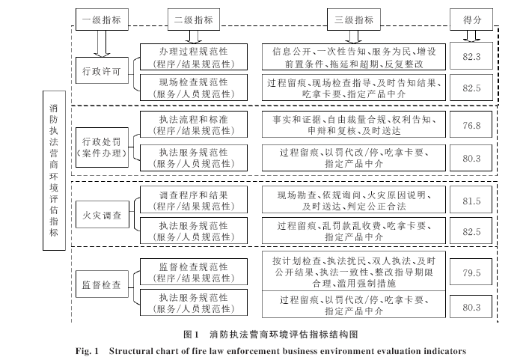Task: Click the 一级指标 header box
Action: click(102, 19)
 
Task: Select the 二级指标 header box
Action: click(194, 19)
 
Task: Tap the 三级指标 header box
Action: click(354, 19)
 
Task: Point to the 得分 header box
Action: click(471, 19)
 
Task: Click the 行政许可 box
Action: click(102, 70)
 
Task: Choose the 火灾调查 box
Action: click(103, 215)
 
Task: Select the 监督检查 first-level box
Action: click(102, 284)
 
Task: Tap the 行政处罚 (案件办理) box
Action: click(102, 147)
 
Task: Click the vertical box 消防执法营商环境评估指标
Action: click(54, 171)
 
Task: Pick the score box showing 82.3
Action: click(471, 56)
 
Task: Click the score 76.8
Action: click(471, 125)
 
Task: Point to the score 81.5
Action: click(471, 201)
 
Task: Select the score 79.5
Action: click(471, 272)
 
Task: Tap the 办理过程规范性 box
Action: click(194, 57)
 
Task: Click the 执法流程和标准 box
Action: click(194, 124)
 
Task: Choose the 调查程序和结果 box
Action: click(194, 200)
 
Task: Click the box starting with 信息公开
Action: click(354, 57)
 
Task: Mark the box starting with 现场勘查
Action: click(354, 200)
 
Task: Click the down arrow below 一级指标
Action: click(102, 43)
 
